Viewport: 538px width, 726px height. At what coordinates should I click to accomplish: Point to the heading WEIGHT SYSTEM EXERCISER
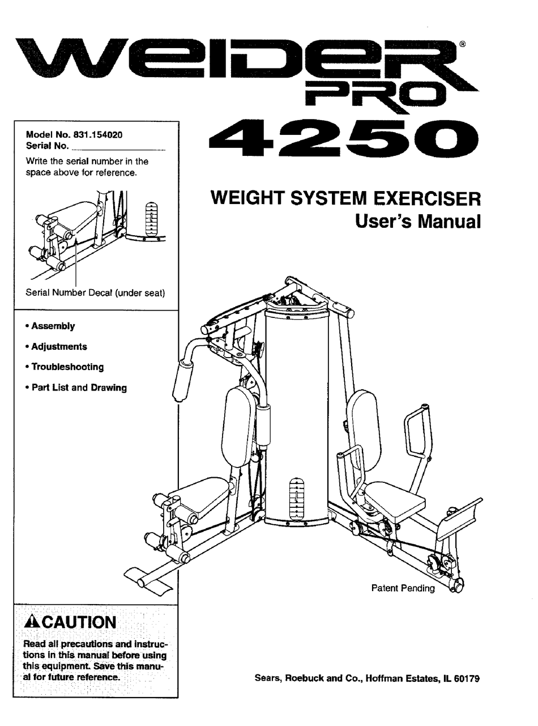tap(345, 199)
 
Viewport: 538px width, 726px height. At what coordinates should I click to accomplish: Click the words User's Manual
tap(417, 221)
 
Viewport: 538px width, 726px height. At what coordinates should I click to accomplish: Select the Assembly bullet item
tap(53, 326)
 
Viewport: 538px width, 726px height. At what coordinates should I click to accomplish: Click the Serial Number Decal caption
tap(95, 293)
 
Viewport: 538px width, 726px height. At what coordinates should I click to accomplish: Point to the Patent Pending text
tap(403, 588)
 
